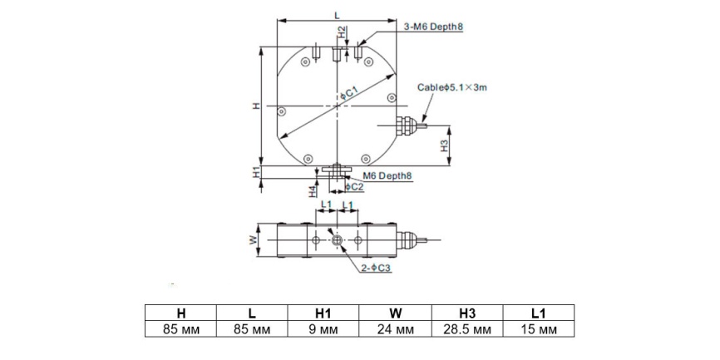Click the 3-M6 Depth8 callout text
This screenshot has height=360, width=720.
click(x=433, y=27)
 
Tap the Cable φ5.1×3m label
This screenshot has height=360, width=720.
click(x=451, y=87)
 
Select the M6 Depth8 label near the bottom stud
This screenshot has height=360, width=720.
click(x=387, y=175)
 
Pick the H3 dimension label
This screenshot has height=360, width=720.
click(x=445, y=146)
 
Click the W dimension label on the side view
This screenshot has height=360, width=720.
click(x=252, y=240)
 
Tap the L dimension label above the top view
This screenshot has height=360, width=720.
click(x=337, y=15)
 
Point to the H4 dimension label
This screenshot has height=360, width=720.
click(x=313, y=191)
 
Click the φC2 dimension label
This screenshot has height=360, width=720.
click(x=355, y=186)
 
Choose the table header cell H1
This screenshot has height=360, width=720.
click(x=323, y=313)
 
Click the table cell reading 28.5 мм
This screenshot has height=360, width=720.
click(x=467, y=330)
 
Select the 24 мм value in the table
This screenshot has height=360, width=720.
click(x=395, y=330)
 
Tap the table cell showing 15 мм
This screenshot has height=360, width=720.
click(x=539, y=330)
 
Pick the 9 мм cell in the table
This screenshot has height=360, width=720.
click(x=323, y=330)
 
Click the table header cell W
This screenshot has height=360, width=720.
click(x=395, y=313)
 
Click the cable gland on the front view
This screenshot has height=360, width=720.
click(x=407, y=125)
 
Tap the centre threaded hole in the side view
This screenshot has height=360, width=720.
click(x=337, y=240)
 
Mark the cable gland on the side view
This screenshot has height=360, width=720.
click(x=407, y=240)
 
